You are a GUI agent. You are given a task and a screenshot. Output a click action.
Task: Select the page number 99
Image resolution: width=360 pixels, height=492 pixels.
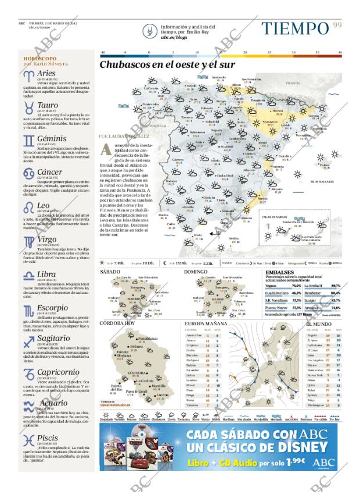pyautogui.click(x=338, y=24)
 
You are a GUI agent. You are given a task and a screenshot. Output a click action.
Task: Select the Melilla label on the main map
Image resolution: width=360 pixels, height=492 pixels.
pyautogui.click(x=233, y=239)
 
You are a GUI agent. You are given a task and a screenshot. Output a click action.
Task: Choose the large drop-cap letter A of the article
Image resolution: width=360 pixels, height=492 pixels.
pyautogui.click(x=106, y=149)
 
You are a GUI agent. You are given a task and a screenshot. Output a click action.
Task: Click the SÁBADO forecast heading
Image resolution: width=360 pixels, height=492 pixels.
pyautogui.click(x=110, y=271)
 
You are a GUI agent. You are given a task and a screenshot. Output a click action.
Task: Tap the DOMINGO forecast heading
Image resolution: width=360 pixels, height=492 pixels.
pyautogui.click(x=196, y=271)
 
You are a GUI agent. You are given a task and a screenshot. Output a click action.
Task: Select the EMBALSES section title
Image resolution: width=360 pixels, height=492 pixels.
pyautogui.click(x=279, y=272)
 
